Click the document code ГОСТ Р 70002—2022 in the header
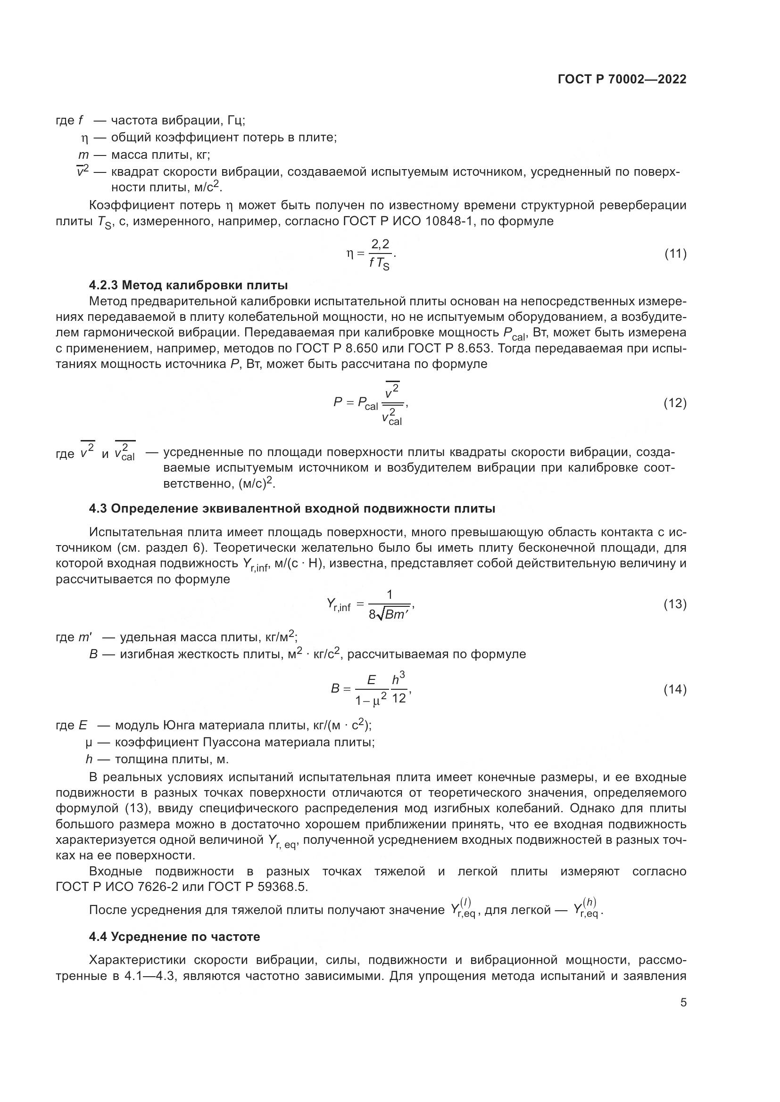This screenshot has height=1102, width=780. (622, 79)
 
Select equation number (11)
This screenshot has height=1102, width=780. (675, 254)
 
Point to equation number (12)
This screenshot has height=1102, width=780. (675, 403)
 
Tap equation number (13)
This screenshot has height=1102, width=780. (675, 604)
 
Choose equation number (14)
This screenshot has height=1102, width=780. (675, 690)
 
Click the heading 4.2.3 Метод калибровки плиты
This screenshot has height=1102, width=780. (188, 285)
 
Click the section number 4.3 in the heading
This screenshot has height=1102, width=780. (98, 508)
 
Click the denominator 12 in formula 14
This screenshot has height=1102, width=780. (398, 698)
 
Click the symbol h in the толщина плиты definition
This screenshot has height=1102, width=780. (89, 759)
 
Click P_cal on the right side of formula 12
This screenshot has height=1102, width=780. (368, 403)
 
